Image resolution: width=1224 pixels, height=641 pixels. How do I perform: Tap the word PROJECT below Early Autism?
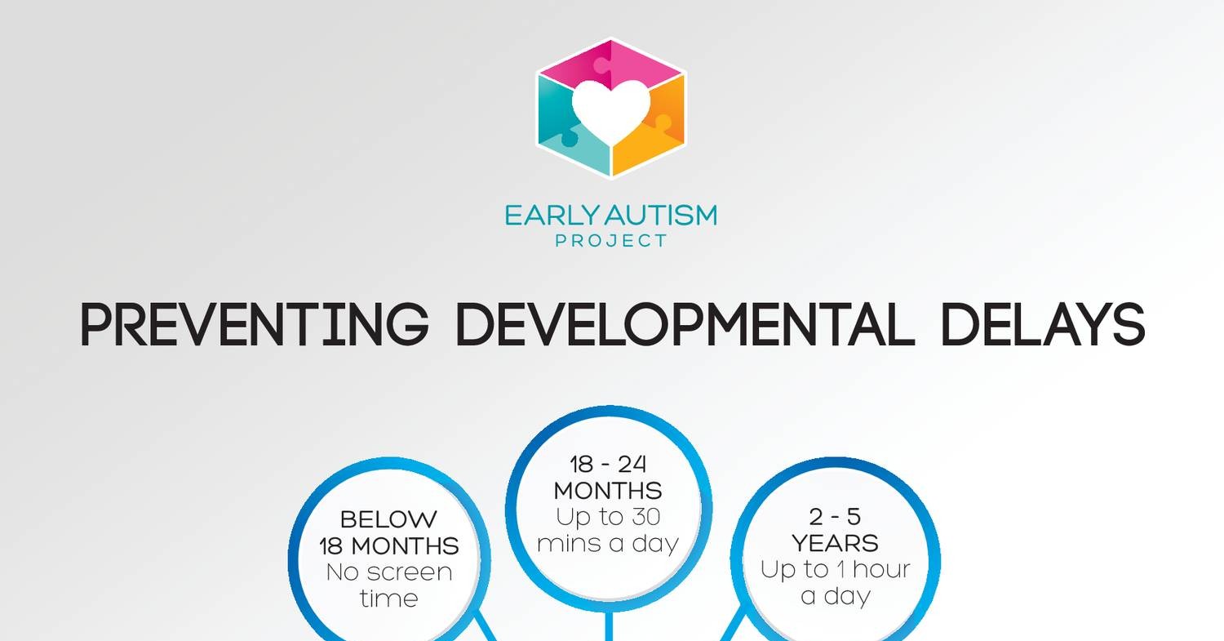point(610,241)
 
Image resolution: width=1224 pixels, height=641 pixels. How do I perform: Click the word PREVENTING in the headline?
point(254,324)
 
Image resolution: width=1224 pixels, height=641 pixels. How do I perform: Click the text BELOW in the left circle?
point(388,519)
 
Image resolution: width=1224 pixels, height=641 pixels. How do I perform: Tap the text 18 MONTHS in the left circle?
point(388,545)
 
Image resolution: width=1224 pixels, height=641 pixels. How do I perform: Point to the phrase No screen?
point(388,572)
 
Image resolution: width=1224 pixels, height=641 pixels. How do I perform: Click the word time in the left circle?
point(388,598)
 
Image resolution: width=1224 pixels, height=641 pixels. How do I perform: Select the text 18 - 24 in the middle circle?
point(609,464)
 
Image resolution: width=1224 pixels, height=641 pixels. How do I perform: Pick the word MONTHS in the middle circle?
point(609,491)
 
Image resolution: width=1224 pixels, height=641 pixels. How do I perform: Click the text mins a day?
point(609,543)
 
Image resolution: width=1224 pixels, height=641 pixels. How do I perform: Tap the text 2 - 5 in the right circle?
point(835,516)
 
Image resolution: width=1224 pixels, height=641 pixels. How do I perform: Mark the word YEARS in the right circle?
point(835,543)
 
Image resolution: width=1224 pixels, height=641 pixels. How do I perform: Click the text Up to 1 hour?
point(835,569)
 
